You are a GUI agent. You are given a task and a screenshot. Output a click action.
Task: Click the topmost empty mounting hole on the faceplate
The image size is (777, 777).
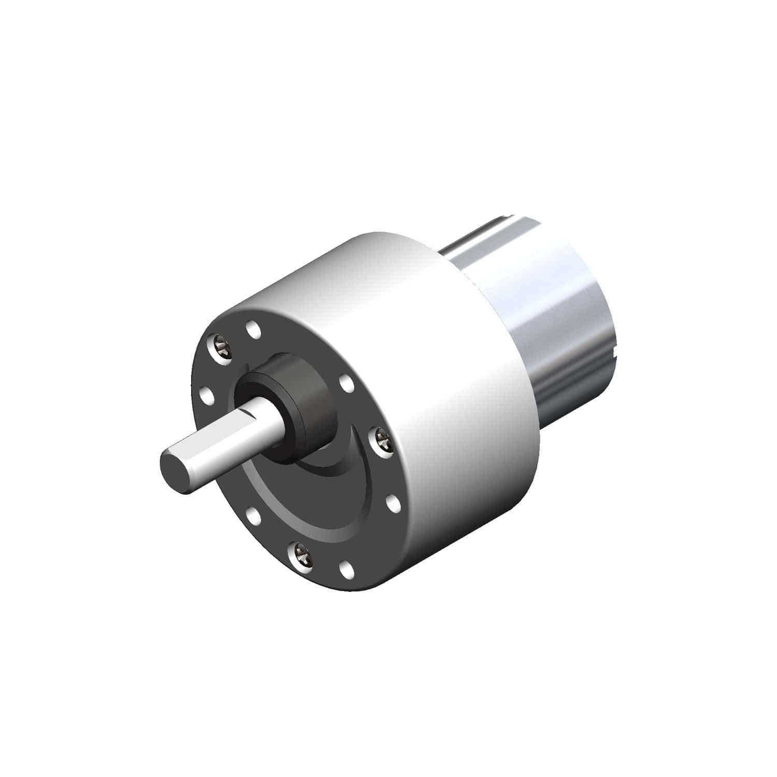coord(253,328)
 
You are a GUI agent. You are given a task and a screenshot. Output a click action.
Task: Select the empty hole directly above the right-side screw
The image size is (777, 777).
coord(346,384)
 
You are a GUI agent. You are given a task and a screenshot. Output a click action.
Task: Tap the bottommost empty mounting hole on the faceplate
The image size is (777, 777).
coord(347,570)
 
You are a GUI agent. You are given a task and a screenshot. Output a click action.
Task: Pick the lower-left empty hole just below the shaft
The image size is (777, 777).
coord(253,516)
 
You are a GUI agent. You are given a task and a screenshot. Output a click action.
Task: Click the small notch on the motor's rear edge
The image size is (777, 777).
coord(615,353)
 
